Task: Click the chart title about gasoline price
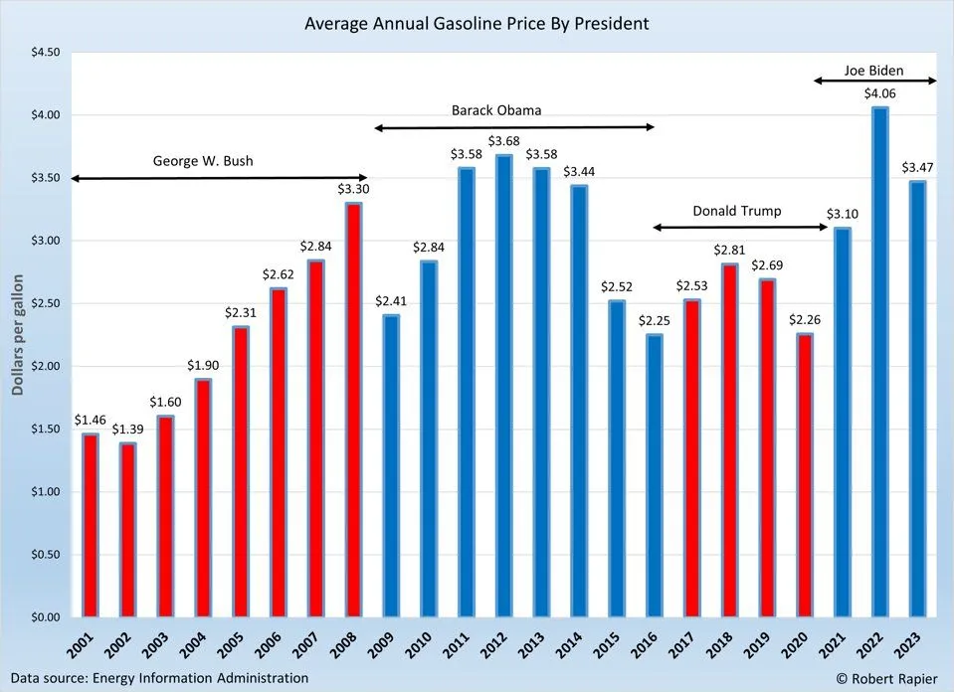(x=477, y=23)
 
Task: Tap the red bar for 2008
(x=353, y=410)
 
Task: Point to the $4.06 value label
(x=878, y=94)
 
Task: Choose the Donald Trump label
(x=737, y=211)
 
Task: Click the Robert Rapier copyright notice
(x=881, y=678)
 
